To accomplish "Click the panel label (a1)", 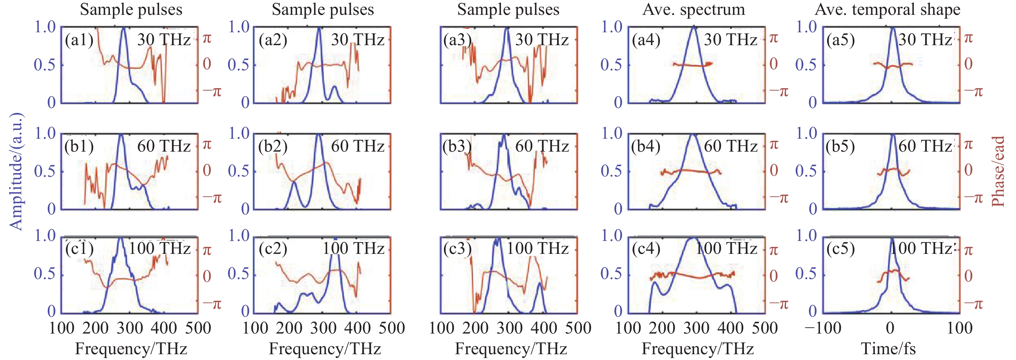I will pos(79,40).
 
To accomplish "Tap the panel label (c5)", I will pos(841,249).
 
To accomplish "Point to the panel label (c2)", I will pos(273,249).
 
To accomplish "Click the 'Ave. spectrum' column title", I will pos(694,9).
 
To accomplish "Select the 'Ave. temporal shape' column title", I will pos(887,9).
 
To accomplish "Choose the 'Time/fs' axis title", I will pos(888,349).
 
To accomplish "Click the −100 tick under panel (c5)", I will pos(823,328).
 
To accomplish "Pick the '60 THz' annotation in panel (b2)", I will pos(357,146).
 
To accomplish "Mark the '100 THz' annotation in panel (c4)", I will pos(726,248).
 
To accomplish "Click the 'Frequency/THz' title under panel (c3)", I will pos(511,349).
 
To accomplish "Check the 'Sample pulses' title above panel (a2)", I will pos(323,9).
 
